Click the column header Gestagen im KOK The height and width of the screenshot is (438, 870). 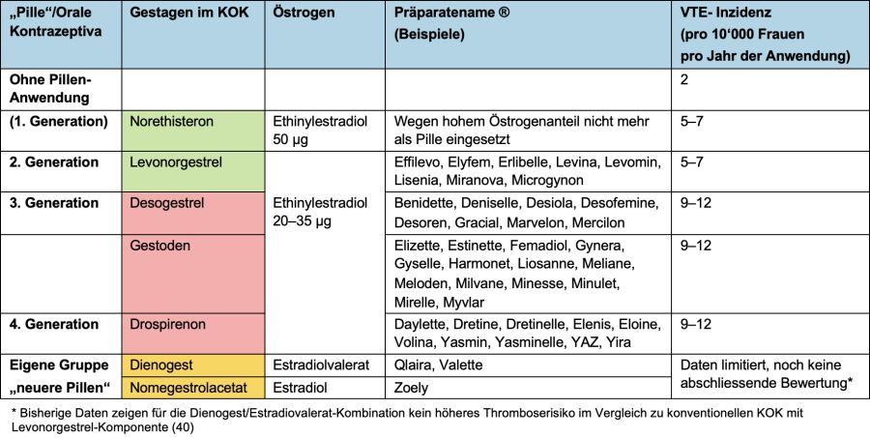[189, 13]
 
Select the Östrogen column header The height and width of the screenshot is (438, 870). [304, 13]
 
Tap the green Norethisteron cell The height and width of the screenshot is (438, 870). [193, 131]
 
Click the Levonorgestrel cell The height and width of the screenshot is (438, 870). [193, 171]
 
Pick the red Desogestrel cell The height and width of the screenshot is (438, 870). [193, 213]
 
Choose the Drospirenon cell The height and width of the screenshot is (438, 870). [193, 334]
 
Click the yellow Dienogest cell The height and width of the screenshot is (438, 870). [193, 365]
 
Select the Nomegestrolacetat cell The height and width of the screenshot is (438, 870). [193, 388]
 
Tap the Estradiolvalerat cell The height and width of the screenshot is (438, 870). [325, 365]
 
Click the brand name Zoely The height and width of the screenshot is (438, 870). [411, 388]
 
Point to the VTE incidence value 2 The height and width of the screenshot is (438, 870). [684, 80]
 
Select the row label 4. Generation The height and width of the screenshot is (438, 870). [54, 324]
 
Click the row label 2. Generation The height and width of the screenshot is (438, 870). [54, 162]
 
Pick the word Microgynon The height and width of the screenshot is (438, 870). [547, 181]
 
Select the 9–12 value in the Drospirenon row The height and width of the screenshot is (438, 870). [696, 324]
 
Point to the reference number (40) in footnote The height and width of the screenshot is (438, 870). [183, 428]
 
